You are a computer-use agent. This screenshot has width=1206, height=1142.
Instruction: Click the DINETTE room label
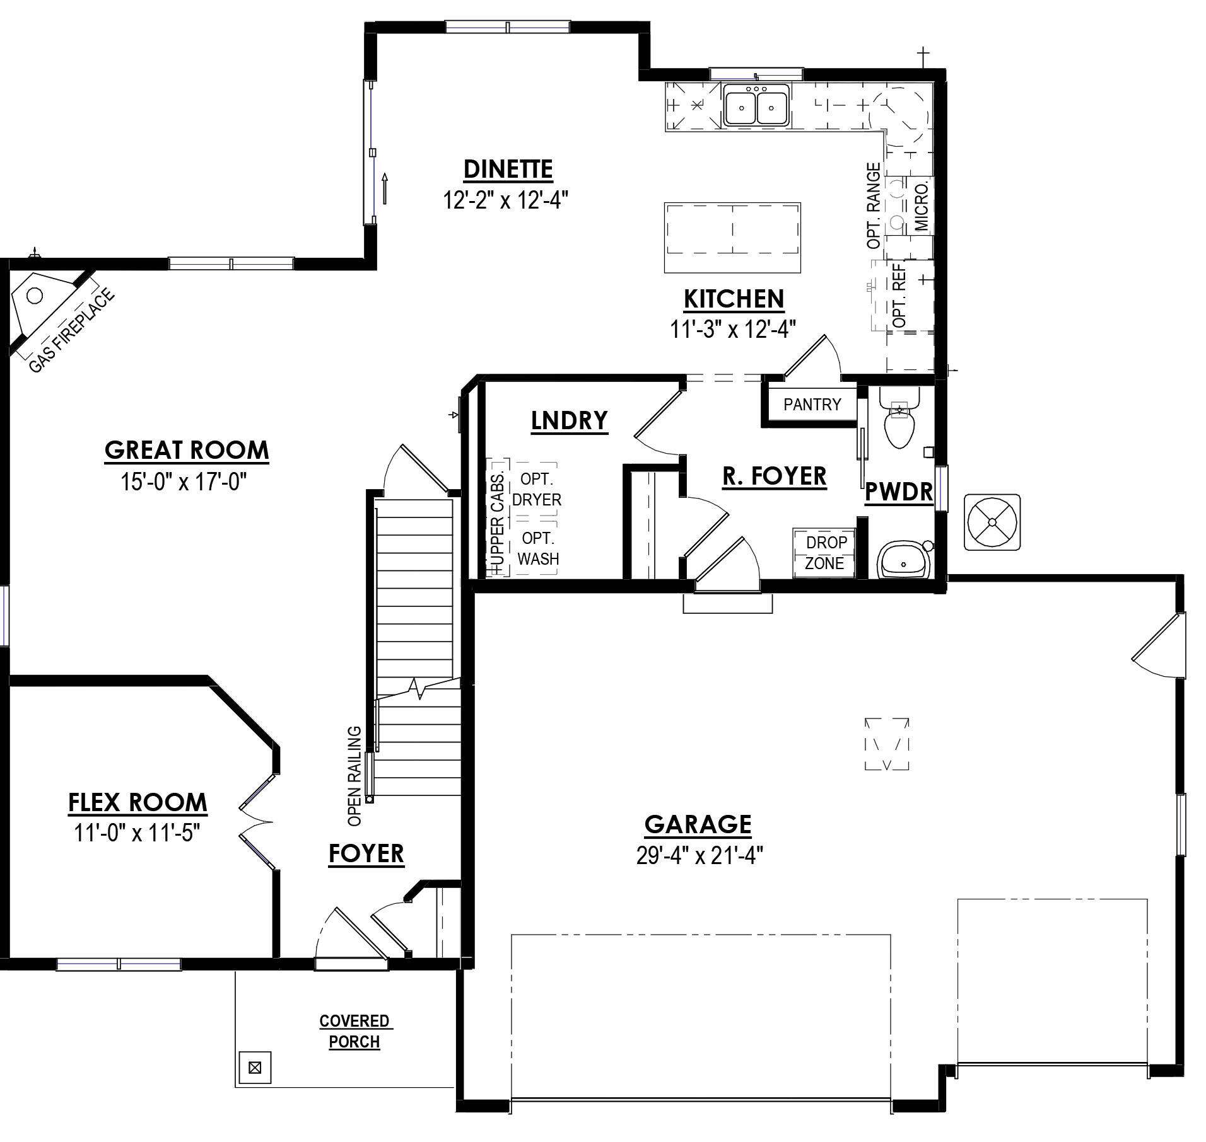[508, 169]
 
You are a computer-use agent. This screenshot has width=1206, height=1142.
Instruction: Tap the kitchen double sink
[756, 105]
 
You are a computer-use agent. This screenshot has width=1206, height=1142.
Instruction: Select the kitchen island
[732, 238]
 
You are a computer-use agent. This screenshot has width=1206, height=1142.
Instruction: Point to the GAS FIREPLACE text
[73, 330]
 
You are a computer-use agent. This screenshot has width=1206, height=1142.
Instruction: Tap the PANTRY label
[812, 405]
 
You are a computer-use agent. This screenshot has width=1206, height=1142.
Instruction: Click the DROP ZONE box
[824, 552]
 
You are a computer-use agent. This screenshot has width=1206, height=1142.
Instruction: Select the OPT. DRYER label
[536, 489]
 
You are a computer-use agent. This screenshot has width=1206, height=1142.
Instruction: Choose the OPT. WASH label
[538, 548]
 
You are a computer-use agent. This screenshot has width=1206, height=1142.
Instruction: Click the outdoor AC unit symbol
[992, 522]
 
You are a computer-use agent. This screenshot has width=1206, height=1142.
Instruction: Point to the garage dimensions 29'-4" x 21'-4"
[700, 856]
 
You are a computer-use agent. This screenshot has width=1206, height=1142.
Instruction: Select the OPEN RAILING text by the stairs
[354, 776]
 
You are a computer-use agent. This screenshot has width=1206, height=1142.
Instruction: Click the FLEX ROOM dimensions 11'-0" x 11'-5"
[137, 833]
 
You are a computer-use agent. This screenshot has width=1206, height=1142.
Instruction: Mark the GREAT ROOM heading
[187, 450]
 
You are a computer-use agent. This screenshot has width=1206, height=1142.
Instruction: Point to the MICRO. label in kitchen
[922, 206]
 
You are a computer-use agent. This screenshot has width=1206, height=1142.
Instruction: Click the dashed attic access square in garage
[887, 744]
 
